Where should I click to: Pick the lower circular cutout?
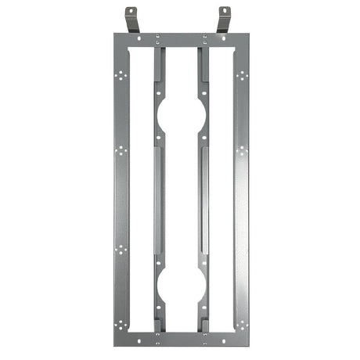[181, 286]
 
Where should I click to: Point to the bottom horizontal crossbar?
[180, 338]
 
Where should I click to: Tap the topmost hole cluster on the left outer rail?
[121, 76]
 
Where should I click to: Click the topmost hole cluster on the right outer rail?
[241, 76]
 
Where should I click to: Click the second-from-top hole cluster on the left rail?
[121, 150]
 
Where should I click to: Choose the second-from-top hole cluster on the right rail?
[241, 150]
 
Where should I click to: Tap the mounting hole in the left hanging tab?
[131, 12]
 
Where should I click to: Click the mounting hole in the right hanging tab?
[224, 12]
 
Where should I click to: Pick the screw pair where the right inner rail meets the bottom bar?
[204, 340]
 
